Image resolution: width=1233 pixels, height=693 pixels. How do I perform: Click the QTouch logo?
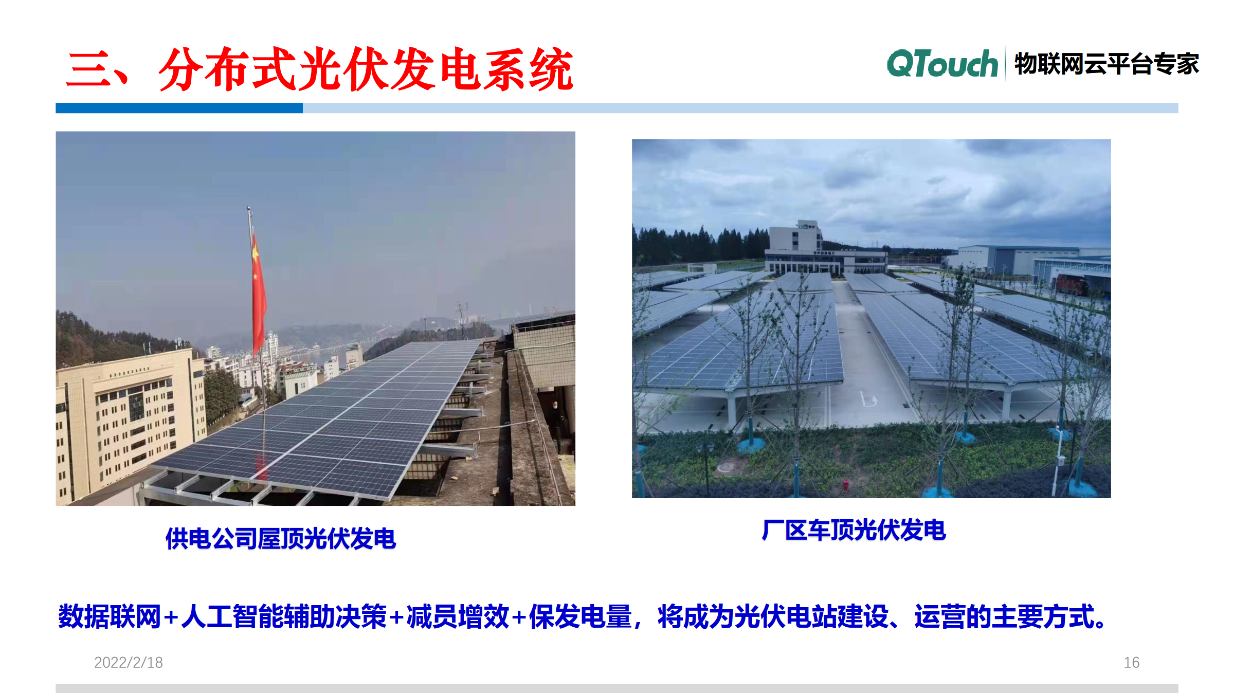click(942, 64)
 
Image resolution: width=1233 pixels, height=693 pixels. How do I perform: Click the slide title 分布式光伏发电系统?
click(366, 69)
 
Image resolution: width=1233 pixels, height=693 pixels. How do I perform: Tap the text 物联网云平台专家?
click(1107, 64)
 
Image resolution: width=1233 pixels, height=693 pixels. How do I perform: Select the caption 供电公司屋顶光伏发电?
click(281, 538)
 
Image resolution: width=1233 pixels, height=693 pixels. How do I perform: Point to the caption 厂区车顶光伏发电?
click(854, 530)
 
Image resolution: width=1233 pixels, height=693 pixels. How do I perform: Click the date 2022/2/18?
click(129, 662)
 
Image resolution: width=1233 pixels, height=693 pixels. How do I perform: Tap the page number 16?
click(1131, 662)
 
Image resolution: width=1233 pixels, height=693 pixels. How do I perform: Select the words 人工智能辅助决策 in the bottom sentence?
click(284, 616)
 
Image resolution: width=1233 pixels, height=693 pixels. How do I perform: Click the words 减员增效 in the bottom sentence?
click(458, 616)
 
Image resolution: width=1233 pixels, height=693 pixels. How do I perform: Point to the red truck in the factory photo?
click(1072, 284)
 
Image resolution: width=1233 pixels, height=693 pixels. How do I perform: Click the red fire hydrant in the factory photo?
click(846, 485)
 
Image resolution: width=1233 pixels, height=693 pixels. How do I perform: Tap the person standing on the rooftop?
click(556, 422)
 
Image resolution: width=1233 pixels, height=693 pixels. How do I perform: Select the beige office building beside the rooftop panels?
click(129, 422)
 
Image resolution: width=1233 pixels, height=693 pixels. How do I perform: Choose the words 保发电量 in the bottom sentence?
click(580, 616)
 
